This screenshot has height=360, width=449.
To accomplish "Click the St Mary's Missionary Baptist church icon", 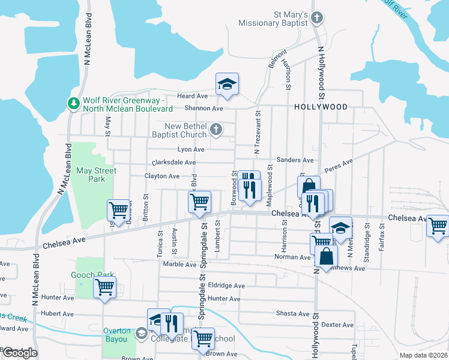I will tap(317, 18).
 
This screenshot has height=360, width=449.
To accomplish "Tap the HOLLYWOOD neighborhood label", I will tap(321, 107).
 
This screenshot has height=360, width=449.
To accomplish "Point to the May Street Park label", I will tap(96, 175).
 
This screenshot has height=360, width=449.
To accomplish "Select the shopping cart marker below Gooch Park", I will tap(105, 288).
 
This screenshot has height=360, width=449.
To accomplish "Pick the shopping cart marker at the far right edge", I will tap(438, 226).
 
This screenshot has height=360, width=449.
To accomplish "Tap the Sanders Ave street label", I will tap(295, 160).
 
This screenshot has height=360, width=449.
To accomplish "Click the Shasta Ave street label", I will tap(292, 314).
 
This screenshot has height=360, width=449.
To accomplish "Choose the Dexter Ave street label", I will tap(337, 325).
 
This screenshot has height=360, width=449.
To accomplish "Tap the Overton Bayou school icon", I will tap(140, 333).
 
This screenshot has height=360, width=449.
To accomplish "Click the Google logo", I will tap(19, 353).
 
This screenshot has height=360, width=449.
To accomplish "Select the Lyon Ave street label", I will tap(191, 149).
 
